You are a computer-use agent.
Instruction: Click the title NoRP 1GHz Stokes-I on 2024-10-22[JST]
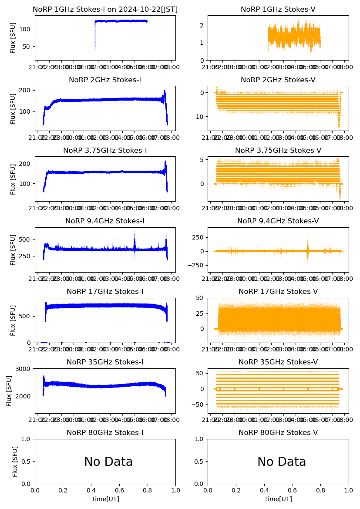105,9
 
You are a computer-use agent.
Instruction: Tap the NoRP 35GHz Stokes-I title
105,362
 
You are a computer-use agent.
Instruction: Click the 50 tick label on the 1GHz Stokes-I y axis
26,47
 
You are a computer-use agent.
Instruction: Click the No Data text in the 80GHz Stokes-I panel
108,462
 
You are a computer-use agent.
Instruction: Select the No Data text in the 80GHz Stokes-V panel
282,462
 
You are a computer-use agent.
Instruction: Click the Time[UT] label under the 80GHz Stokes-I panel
105,499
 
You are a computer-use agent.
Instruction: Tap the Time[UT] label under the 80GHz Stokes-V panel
278,499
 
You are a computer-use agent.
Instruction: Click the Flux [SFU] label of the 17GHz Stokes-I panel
13,320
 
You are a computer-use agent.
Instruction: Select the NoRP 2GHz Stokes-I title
105,80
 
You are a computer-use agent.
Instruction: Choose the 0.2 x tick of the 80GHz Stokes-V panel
236,490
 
